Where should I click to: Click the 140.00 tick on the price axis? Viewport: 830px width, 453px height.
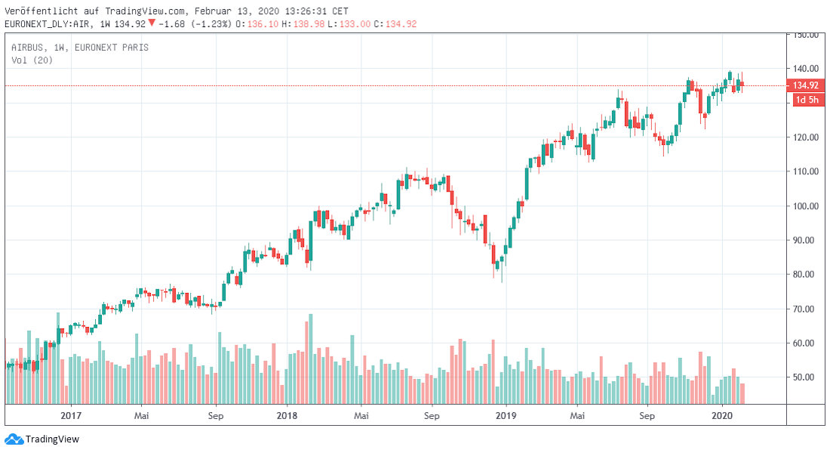[803, 69]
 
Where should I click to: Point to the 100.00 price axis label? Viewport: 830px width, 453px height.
[803, 206]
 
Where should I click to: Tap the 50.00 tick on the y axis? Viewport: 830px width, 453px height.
[803, 377]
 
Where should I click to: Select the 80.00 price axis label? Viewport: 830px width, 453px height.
[803, 275]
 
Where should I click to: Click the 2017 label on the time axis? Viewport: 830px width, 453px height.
[70, 415]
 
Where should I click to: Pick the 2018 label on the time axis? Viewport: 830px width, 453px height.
[287, 415]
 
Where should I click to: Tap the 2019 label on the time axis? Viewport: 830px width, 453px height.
[506, 415]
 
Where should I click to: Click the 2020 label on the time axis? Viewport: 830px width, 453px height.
[723, 415]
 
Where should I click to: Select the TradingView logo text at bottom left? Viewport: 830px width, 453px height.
[52, 439]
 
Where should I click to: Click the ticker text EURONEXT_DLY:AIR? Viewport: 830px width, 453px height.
[48, 24]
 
